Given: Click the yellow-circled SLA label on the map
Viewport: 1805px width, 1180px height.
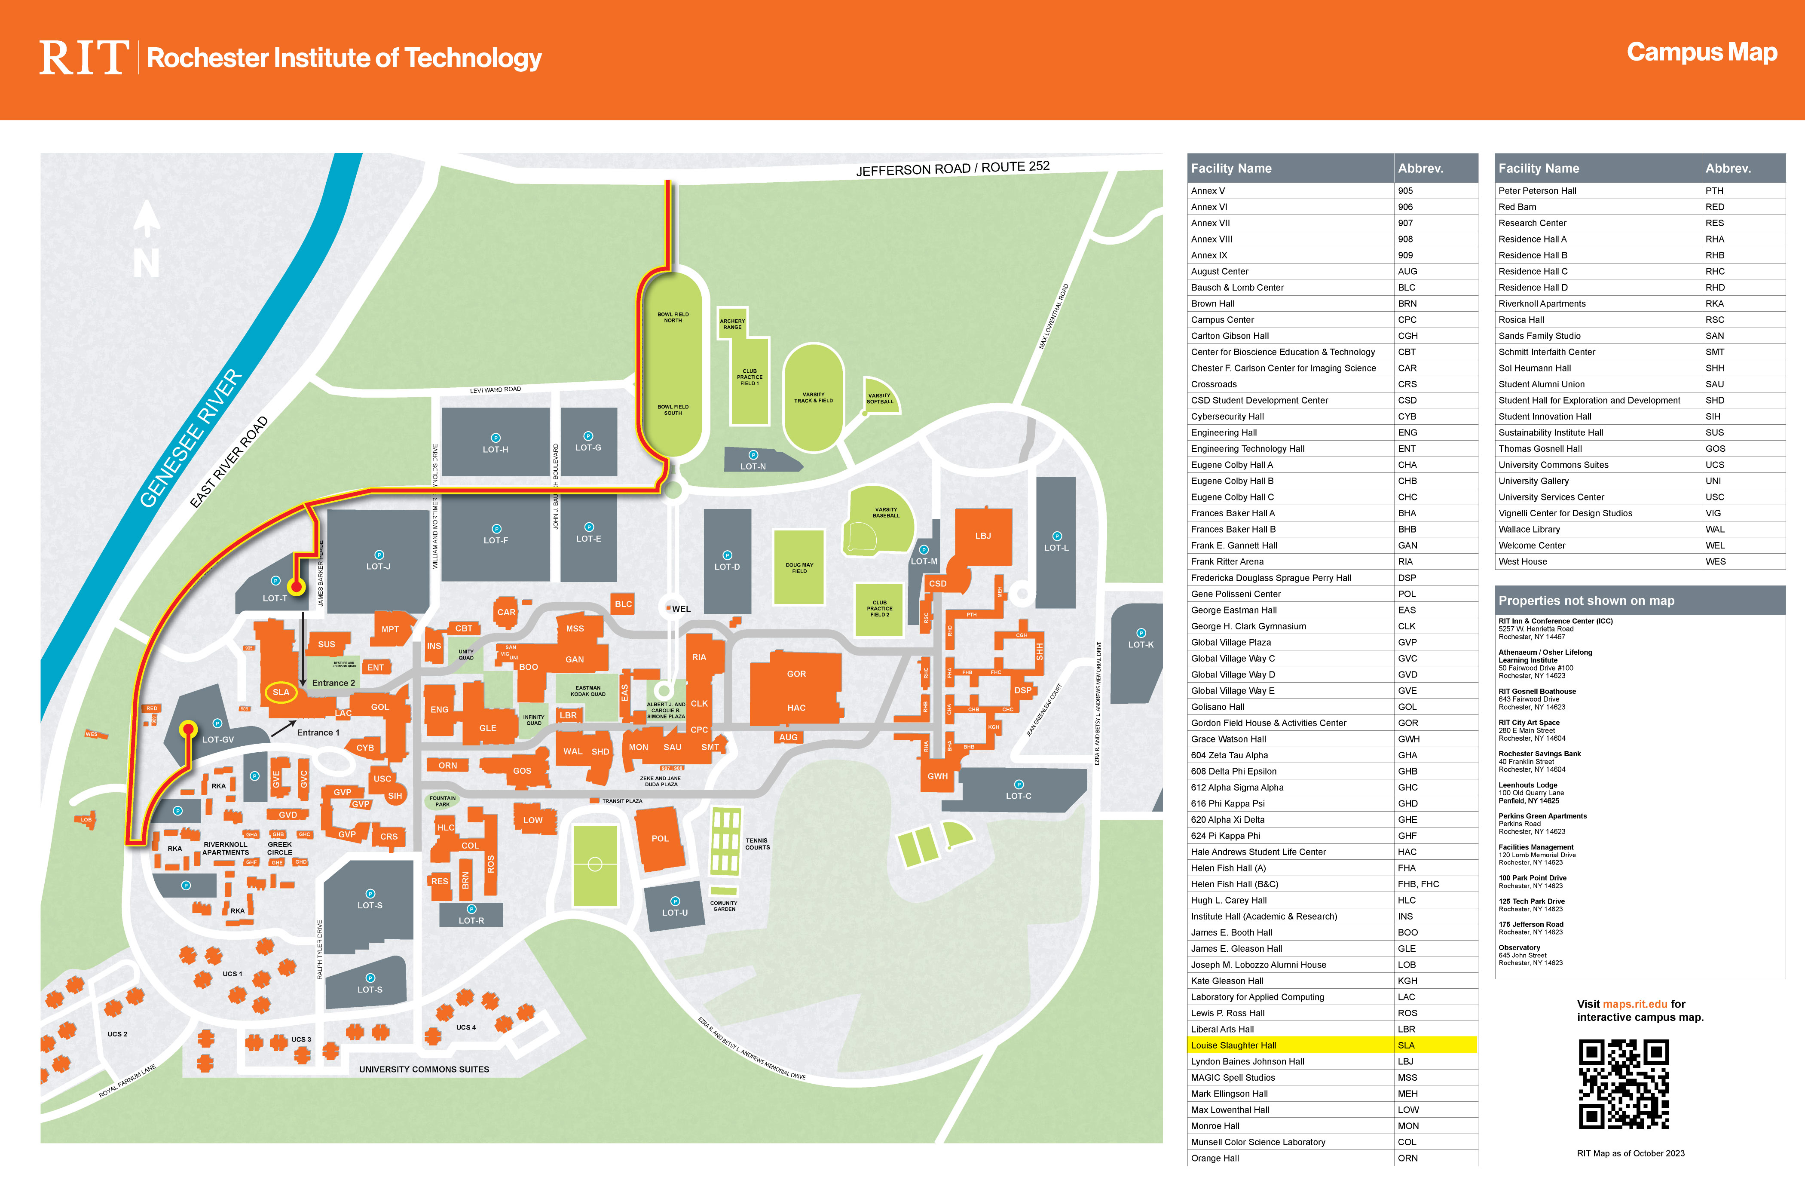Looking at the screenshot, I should click(x=281, y=692).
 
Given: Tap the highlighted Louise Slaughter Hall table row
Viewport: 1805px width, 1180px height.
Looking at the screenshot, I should click(x=1332, y=1045).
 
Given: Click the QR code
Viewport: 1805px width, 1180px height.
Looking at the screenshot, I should click(x=1624, y=1085).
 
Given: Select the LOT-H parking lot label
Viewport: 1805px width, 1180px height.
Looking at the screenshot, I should click(x=495, y=449).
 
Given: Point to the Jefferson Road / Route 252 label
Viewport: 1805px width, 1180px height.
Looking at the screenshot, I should click(x=952, y=168).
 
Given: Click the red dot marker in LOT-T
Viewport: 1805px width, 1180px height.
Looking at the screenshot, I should click(x=297, y=586).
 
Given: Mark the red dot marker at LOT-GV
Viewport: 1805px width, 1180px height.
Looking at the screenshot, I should click(x=188, y=729).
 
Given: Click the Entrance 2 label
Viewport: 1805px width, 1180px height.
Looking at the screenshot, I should click(x=333, y=683).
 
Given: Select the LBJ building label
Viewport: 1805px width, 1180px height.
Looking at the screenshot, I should click(x=983, y=535).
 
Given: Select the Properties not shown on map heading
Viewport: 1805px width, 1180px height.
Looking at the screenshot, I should click(x=1586, y=601).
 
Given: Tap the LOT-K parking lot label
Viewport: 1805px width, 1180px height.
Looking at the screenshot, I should click(x=1141, y=645).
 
